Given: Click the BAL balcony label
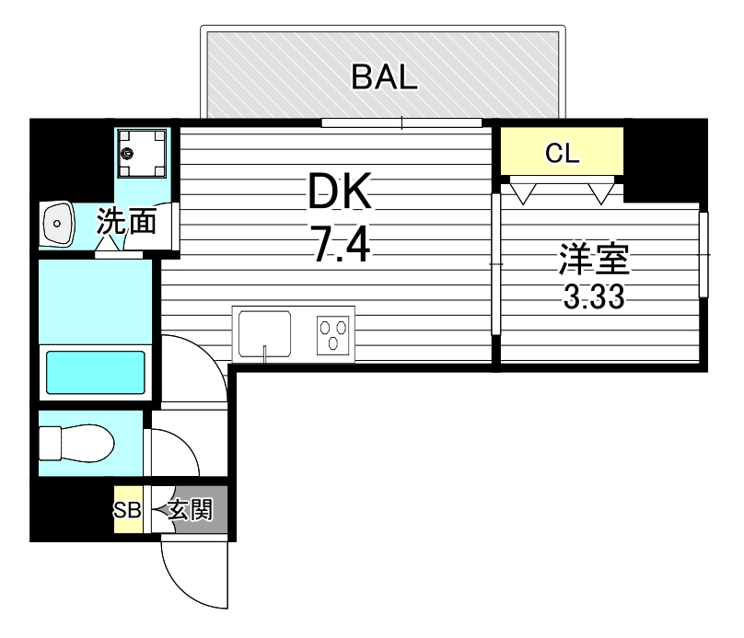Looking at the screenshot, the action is [384, 77].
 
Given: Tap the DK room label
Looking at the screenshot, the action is [340, 191].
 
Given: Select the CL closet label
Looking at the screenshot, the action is [563, 153].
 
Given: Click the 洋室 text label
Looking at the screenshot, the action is [594, 259].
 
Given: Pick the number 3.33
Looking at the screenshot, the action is [594, 297].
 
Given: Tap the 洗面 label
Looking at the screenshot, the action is [127, 221].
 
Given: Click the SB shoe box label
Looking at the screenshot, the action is [127, 510].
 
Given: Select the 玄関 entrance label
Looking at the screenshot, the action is [191, 510].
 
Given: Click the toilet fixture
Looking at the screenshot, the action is [76, 444].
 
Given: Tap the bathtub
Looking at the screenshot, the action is [96, 372].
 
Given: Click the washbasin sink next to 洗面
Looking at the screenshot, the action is [57, 224].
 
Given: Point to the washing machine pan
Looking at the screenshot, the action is [142, 153].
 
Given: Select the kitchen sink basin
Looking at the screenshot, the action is [265, 333].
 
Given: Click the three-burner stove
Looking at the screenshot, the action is [333, 335].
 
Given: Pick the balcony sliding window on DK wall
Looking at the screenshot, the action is [401, 122].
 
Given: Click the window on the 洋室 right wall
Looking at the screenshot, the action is [703, 255].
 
